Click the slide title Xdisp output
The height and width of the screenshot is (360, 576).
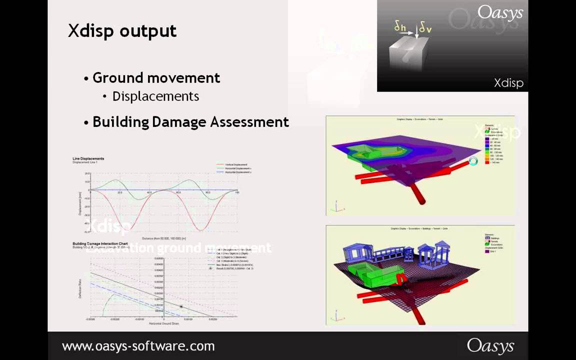[x=122, y=31]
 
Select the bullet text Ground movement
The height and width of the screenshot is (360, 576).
[x=156, y=78]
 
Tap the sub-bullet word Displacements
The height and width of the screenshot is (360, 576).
[x=155, y=96]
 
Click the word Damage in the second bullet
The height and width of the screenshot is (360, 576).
[x=179, y=122]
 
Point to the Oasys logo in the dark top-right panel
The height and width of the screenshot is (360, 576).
[x=499, y=13]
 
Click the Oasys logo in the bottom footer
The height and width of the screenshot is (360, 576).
[x=490, y=345]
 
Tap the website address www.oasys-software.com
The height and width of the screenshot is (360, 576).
[x=138, y=346]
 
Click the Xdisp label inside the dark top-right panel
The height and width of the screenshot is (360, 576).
[x=508, y=83]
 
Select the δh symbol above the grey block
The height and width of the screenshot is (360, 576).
[x=399, y=27]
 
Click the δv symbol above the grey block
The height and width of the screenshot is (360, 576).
[x=425, y=28]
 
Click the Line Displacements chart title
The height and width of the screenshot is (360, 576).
[x=88, y=158]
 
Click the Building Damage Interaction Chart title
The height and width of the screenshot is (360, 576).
[x=100, y=243]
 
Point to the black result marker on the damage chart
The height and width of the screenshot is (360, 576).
[x=181, y=306]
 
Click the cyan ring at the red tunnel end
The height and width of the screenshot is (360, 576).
[x=473, y=161]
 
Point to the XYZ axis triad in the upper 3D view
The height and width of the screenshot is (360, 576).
[x=338, y=207]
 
